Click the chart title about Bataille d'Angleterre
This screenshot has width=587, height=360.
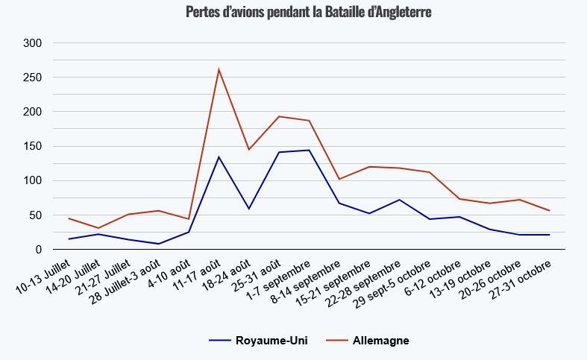308,13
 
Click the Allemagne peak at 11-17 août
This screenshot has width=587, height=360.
219,69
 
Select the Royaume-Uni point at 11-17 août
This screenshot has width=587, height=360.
219,157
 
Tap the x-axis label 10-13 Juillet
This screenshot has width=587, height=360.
48,277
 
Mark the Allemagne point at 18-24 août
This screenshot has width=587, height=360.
248,150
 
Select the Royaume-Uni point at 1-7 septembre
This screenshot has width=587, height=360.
309,150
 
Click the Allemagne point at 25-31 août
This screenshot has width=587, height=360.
279,116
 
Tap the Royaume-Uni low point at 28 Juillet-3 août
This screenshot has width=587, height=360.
159,244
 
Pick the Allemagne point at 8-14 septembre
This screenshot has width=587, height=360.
339,179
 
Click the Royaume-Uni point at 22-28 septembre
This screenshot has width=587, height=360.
399,200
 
